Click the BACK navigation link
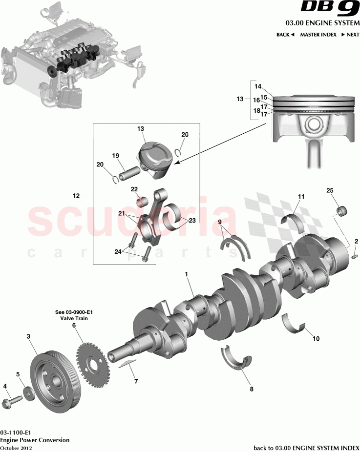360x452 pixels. click(285, 35)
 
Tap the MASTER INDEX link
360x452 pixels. click(318, 35)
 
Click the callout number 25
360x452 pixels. click(329, 189)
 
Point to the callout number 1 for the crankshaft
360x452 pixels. click(186, 274)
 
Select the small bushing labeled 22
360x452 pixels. click(142, 200)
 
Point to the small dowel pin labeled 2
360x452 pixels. click(355, 254)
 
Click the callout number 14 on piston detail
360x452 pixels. click(258, 86)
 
